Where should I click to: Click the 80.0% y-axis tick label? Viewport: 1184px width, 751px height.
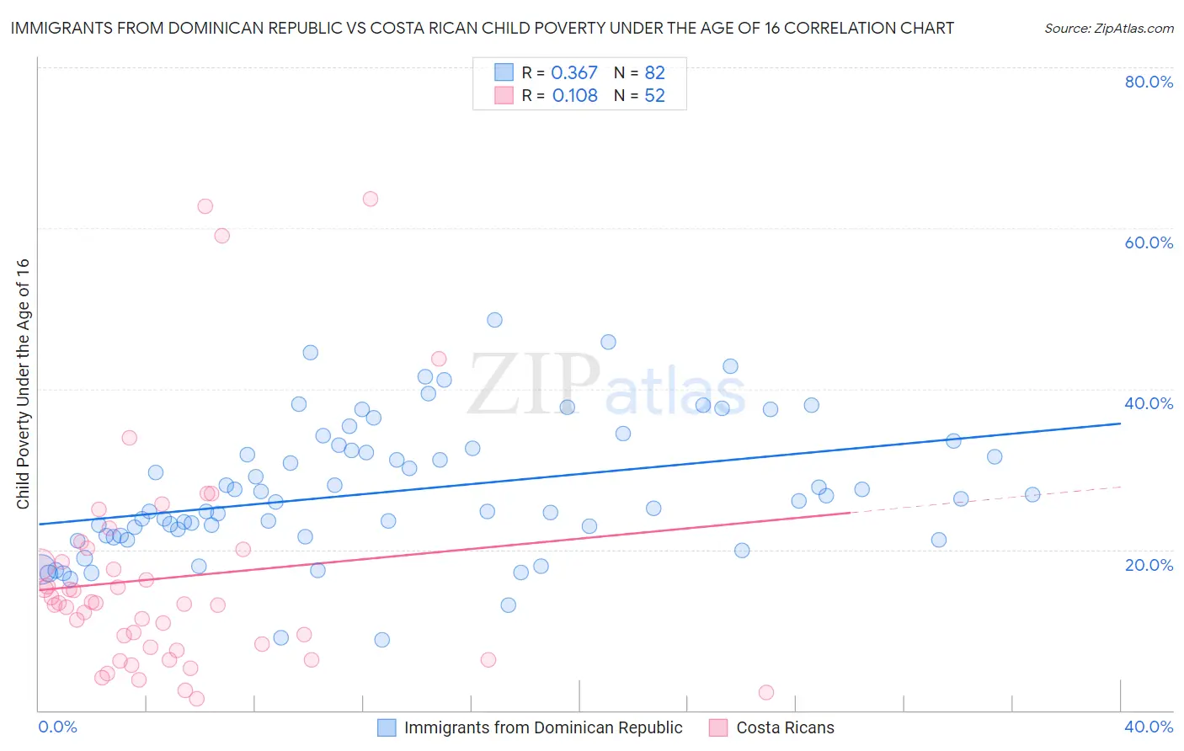(1149, 82)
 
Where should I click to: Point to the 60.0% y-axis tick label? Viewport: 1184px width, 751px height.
(1149, 242)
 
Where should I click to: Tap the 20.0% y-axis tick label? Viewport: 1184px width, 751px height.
(1149, 564)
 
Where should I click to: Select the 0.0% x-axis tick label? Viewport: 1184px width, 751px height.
(57, 727)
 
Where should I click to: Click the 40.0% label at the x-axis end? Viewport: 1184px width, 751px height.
(1149, 727)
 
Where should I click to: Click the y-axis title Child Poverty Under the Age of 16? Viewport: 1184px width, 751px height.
(23, 383)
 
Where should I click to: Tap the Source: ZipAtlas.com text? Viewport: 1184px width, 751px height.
(1108, 29)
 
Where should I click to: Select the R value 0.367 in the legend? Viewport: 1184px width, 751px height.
(574, 73)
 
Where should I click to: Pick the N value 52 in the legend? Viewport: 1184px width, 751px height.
(654, 96)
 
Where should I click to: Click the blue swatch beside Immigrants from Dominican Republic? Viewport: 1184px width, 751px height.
(387, 727)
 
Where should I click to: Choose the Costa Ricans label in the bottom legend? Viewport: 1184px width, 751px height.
(785, 727)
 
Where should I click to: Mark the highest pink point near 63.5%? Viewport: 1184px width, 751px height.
(370, 199)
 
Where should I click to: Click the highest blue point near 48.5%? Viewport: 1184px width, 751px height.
(494, 320)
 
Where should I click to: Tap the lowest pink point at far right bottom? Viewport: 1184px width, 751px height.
(766, 692)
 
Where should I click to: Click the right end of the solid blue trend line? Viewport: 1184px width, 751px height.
(1119, 423)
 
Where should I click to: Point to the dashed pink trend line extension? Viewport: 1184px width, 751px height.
(985, 499)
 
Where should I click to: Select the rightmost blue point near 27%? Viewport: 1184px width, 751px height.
(1032, 494)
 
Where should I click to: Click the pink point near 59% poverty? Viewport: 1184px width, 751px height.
(221, 236)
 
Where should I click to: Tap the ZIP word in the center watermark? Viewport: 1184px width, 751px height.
(533, 386)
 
